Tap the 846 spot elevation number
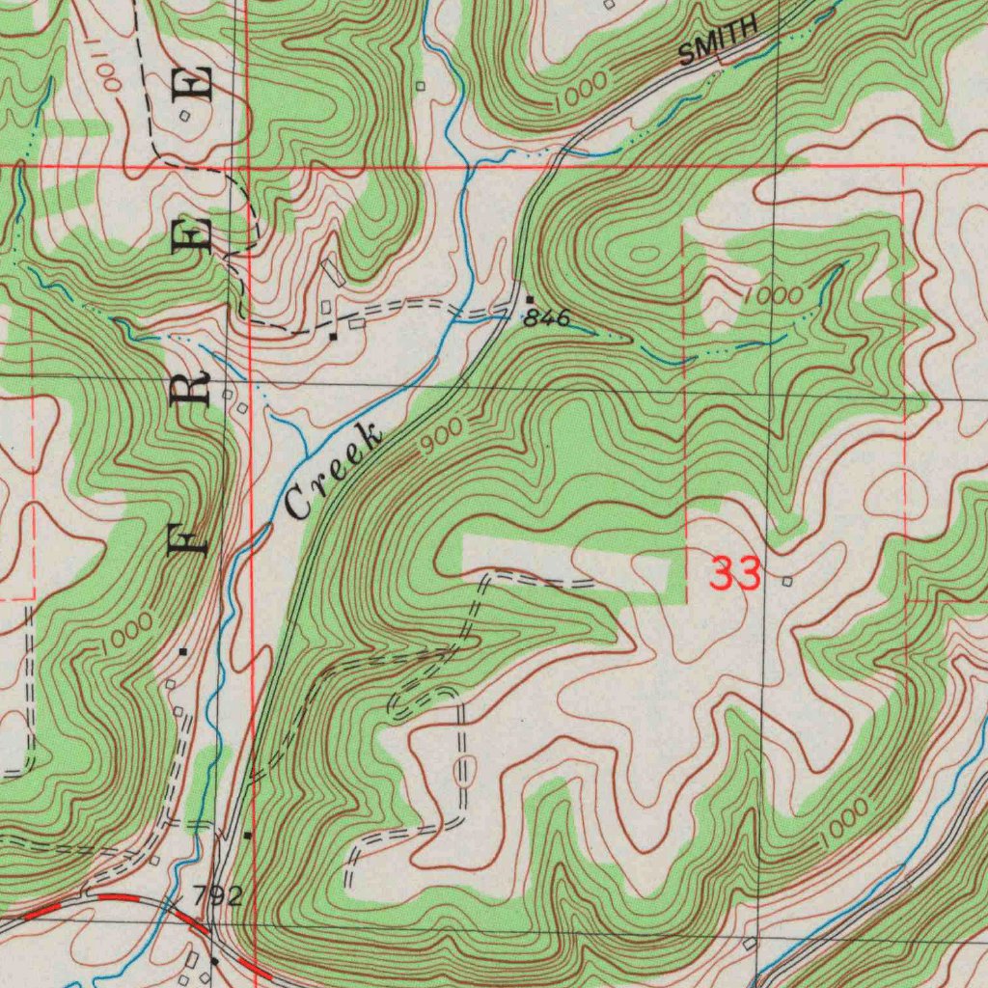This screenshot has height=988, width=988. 547,318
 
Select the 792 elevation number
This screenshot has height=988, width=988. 217,896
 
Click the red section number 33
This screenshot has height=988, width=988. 735,573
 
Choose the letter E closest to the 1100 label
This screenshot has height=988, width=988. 197,83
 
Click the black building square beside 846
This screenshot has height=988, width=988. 529,299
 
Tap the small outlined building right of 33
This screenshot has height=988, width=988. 787,582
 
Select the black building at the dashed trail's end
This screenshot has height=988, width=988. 333,337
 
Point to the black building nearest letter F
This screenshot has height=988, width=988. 183,652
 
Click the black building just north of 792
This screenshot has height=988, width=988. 248,835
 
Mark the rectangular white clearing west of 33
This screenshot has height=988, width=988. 564,564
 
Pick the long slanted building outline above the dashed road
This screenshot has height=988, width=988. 333,271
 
